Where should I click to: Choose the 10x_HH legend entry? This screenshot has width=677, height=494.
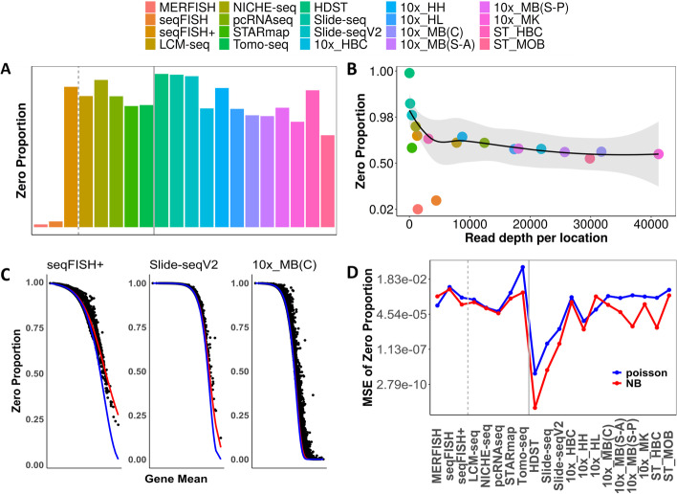click(505, 9)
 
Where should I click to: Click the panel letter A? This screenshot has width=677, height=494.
click(9, 70)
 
